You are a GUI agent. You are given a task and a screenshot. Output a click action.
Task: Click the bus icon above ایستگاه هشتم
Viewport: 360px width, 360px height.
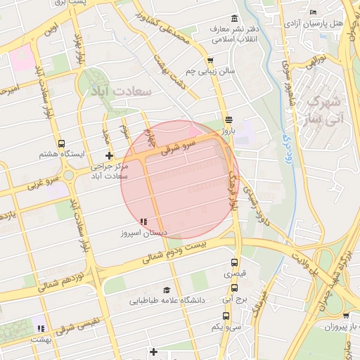tap(61, 143)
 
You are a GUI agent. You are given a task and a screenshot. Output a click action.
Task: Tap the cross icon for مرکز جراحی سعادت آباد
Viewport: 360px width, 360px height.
tap(108, 155)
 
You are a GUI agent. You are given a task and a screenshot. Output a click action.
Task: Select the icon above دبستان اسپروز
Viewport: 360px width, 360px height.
tap(143, 221)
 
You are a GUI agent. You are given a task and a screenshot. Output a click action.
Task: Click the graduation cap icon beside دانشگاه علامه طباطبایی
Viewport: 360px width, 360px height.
tap(167, 290)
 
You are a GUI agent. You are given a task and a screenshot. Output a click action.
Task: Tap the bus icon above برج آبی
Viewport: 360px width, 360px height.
tap(235, 287)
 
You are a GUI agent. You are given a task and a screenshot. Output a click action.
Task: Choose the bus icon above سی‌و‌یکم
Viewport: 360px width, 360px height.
tap(235, 313)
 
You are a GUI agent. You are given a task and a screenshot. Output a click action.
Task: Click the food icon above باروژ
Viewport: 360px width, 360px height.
tap(228, 119)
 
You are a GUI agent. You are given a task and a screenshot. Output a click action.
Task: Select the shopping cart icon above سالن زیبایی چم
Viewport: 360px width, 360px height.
tap(211, 60)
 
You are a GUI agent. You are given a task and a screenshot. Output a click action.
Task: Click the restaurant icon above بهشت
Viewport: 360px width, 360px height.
tap(41, 328)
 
